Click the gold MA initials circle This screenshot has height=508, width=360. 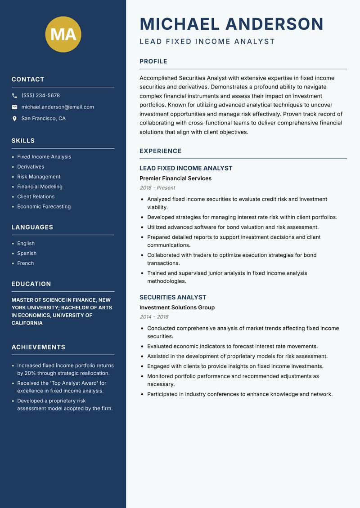coord(63,34)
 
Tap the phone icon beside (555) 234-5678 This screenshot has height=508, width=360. coord(14,96)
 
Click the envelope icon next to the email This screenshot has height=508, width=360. coord(14,107)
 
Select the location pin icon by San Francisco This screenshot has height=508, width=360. coord(14,119)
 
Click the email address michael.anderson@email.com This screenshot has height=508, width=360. coord(58,107)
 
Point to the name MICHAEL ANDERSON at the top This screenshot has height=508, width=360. coord(231,24)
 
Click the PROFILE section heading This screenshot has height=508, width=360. coord(153,62)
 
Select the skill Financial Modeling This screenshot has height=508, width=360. coord(40,187)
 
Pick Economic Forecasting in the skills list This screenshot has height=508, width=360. coord(44,207)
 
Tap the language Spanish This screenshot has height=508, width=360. coord(27,254)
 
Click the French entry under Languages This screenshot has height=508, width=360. coord(25,263)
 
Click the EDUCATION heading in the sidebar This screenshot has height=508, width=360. coord(31,284)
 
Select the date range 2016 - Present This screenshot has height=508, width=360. coord(157,188)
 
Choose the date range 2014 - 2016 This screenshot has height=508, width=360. coord(154,317)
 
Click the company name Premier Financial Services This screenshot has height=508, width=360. coord(175,178)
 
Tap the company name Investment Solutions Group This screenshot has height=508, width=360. coord(177,307)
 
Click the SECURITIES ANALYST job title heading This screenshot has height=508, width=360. coord(173,297)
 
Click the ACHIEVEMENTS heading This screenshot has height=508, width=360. coord(38,348)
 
